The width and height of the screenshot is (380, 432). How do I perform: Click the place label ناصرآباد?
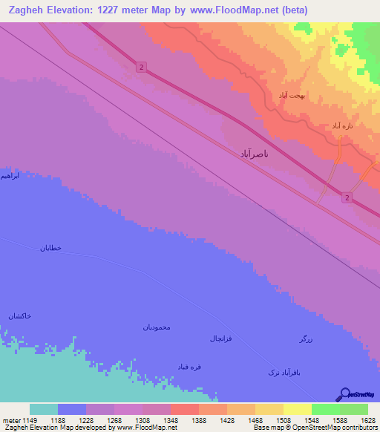tap(254, 154)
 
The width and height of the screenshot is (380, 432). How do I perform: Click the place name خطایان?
tap(54, 248)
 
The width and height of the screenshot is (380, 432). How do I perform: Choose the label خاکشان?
tap(20, 317)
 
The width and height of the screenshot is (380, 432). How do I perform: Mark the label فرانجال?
tap(223, 338)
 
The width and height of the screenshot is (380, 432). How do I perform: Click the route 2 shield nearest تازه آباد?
tap(347, 197)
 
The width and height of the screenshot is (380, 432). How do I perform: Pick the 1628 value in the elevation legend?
tap(368, 420)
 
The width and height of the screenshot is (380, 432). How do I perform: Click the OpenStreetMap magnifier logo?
tap(344, 393)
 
